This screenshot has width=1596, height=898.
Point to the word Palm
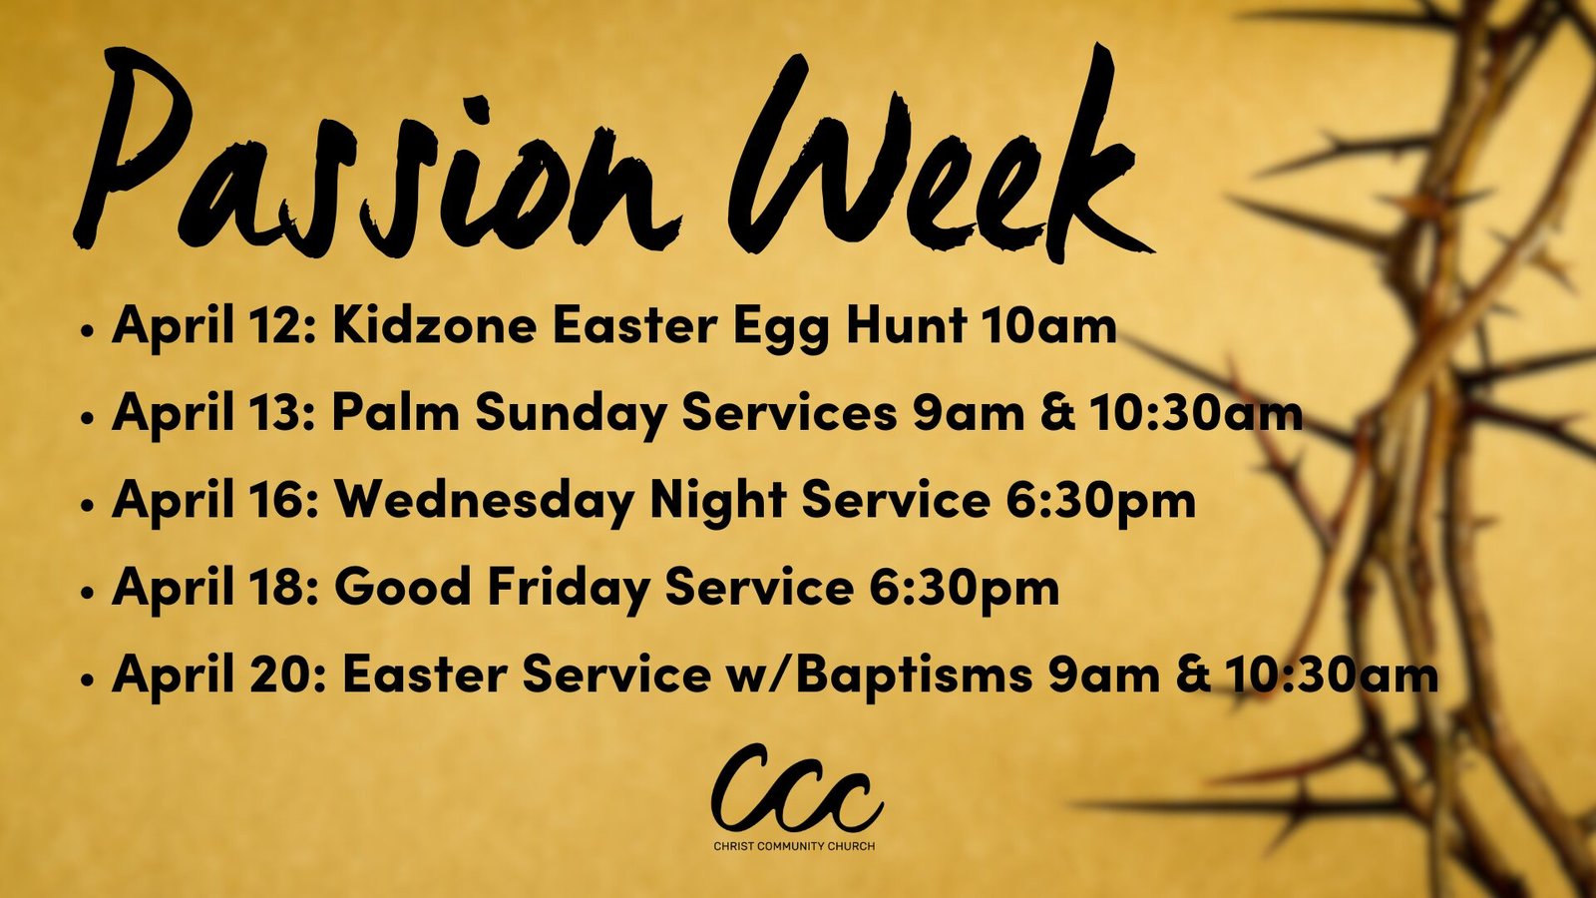[x=395, y=413]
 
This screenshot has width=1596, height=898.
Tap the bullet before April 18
[x=88, y=593]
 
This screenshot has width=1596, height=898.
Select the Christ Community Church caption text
[x=794, y=846]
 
